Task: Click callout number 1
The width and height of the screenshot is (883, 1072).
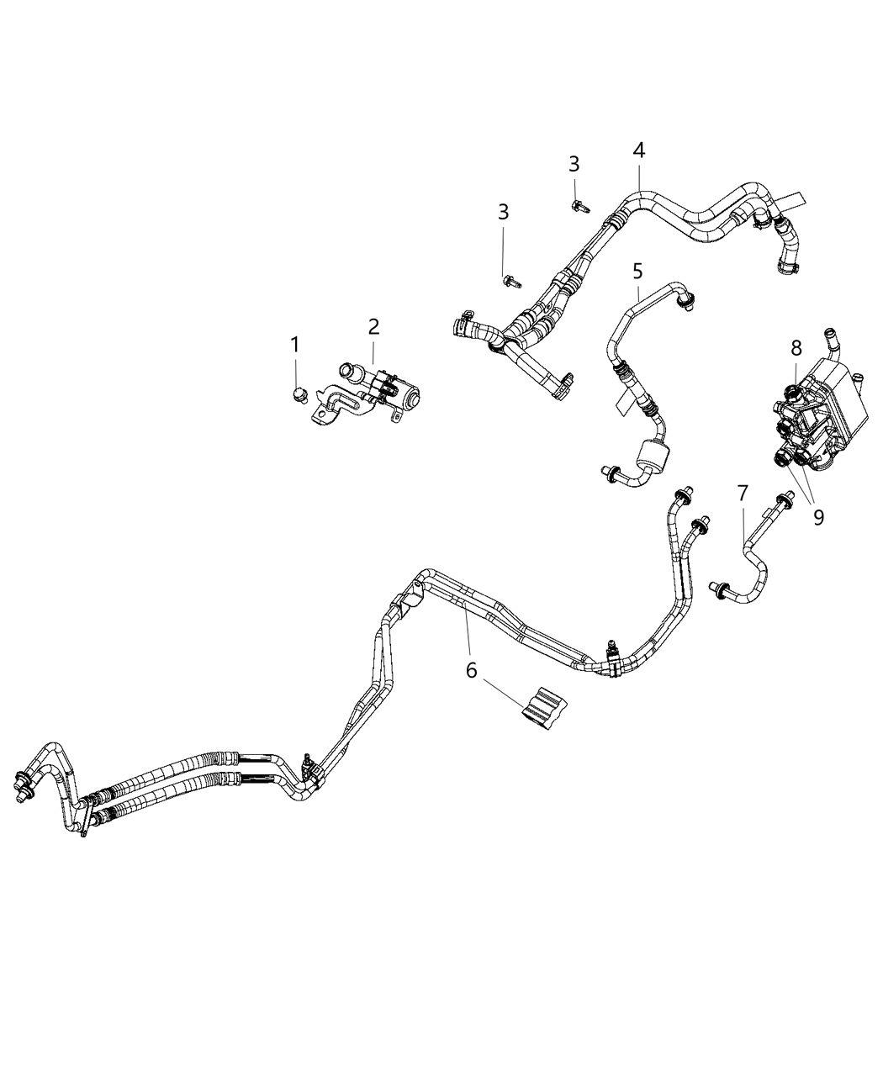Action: coord(295,344)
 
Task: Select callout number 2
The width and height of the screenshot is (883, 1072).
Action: coord(373,326)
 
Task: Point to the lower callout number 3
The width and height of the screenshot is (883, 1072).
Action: coord(503,212)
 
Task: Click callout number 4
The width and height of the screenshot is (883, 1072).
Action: coord(639,151)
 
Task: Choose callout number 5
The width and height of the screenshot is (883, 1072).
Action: coord(637,271)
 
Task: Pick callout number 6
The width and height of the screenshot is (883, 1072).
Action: coord(471,670)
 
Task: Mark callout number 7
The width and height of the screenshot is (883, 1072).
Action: coord(743,494)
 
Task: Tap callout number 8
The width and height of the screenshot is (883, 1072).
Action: coord(796,346)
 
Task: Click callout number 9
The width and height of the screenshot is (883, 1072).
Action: coord(818,517)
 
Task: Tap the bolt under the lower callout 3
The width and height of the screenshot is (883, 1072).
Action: coord(509,281)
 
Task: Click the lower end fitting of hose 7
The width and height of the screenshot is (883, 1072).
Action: coord(719,589)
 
